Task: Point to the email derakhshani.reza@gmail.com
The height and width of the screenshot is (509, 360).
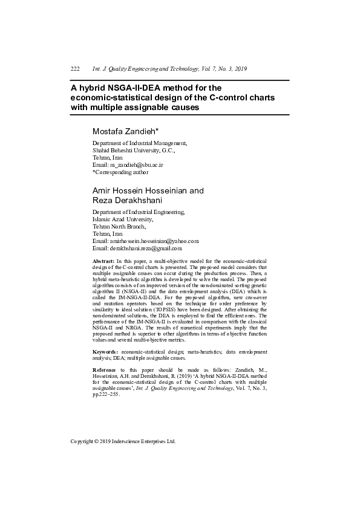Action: [145, 248]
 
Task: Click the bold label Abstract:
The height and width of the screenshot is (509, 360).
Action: [103, 259]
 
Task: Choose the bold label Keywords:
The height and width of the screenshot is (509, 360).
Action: [105, 351]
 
